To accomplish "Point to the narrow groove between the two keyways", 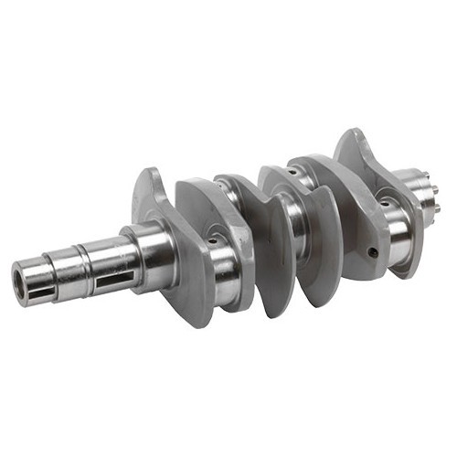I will [83, 265].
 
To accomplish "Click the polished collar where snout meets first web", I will [146, 247].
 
